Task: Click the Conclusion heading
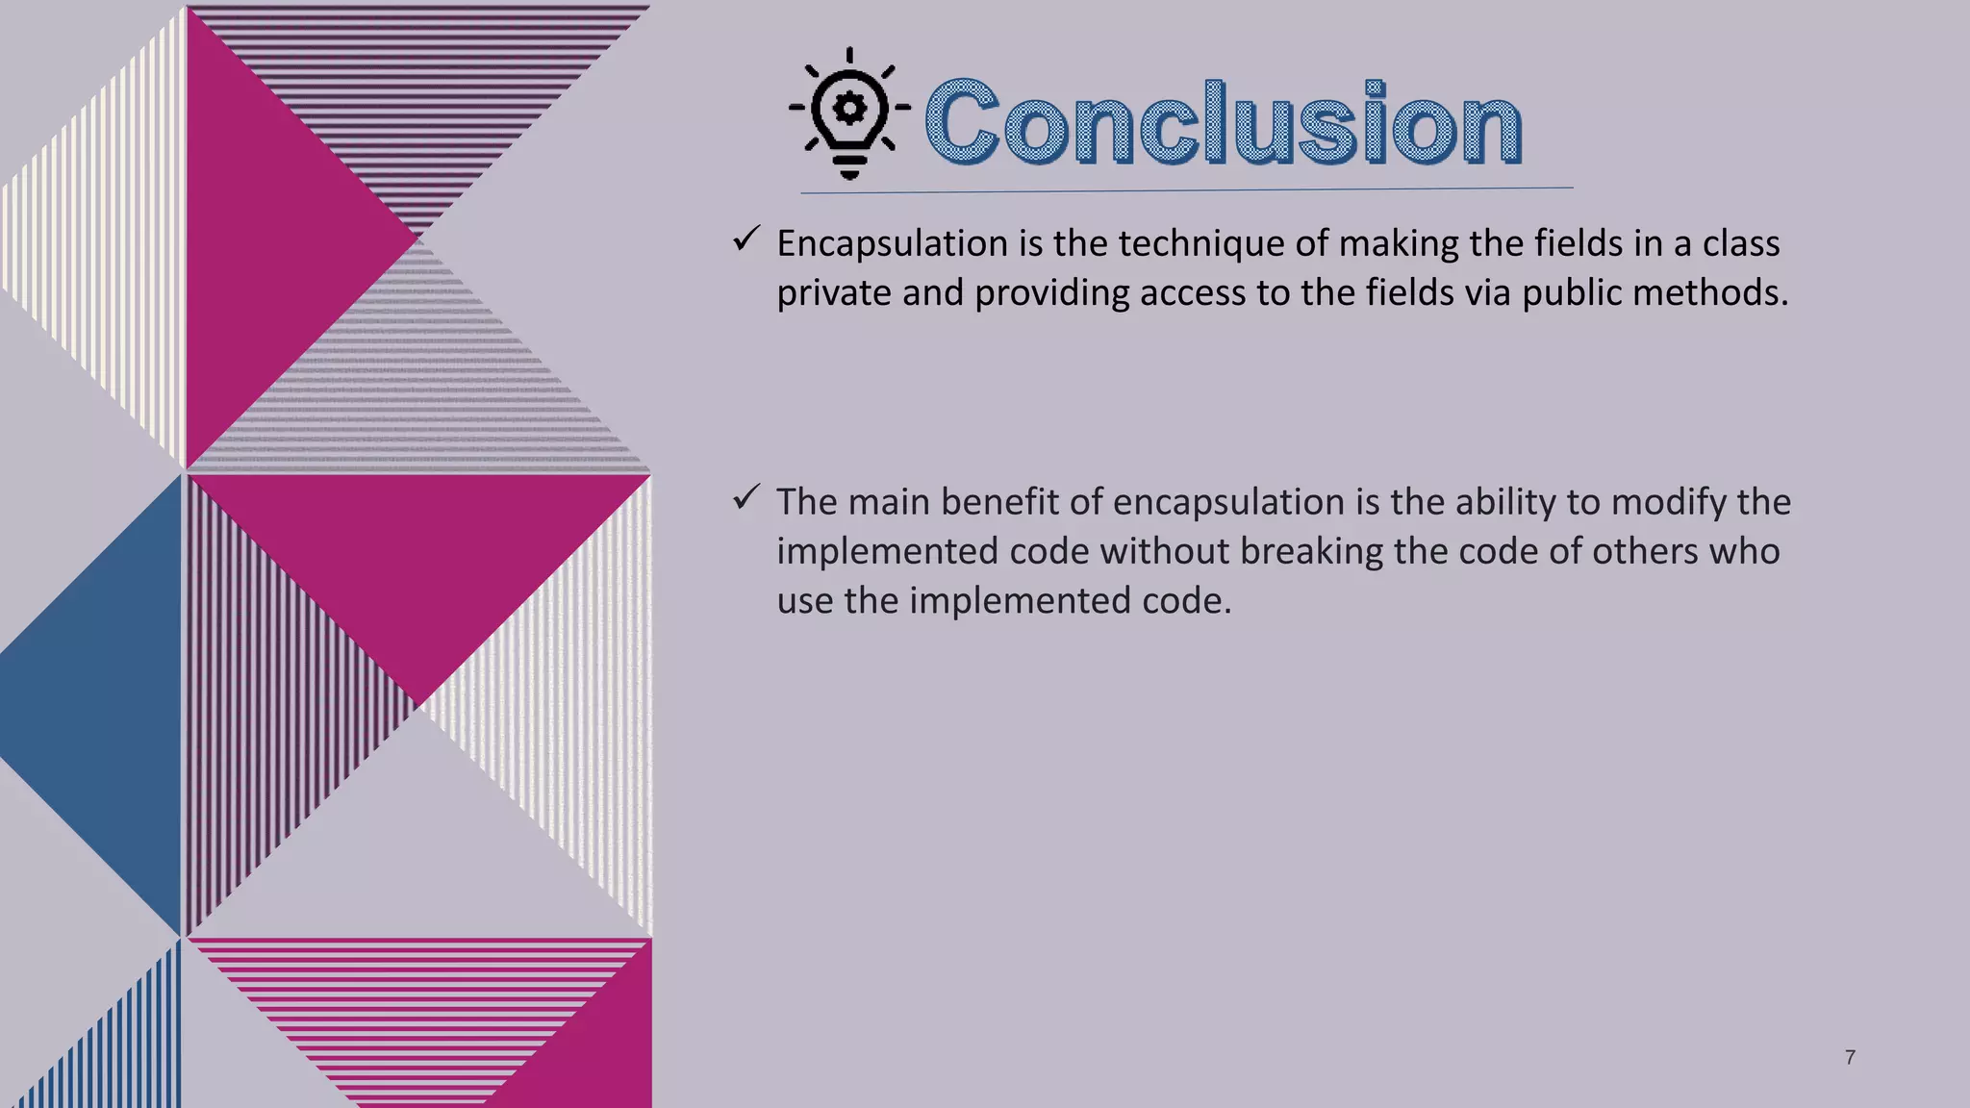coord(1223,124)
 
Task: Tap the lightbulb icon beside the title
coord(848,113)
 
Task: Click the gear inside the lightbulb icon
coord(848,107)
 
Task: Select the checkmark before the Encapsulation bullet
coord(746,239)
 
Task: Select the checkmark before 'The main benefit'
coord(746,497)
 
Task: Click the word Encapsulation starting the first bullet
coord(892,244)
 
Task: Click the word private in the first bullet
coord(833,293)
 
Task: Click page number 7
coord(1850,1058)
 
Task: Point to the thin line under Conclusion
coord(1186,190)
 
